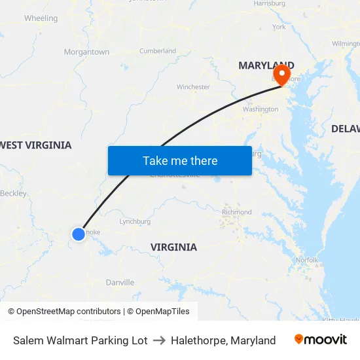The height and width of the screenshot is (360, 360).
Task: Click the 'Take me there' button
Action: [x=180, y=160]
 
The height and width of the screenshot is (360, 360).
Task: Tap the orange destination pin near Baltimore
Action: [x=283, y=74]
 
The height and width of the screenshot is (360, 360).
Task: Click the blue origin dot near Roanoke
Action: [x=79, y=234]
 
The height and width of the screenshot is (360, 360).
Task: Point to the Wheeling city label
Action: [x=41, y=18]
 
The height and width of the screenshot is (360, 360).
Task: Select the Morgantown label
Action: [x=86, y=52]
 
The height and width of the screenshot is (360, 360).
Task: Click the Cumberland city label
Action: [x=158, y=50]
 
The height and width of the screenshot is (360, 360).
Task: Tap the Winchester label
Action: [x=193, y=86]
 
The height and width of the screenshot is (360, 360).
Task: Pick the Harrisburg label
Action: [x=269, y=3]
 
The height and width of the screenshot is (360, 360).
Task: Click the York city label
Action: [x=279, y=27]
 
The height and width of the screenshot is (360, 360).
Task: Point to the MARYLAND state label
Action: [x=266, y=65]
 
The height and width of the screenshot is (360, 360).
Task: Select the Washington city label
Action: [x=261, y=109]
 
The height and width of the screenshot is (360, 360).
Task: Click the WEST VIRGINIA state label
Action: [x=36, y=145]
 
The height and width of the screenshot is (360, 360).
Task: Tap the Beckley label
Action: [x=14, y=193]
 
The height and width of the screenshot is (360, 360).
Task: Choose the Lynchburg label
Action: [x=135, y=221]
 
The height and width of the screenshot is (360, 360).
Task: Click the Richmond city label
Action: [x=237, y=212]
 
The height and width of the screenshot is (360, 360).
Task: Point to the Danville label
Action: [x=120, y=283]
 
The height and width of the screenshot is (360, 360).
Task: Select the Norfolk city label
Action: [x=307, y=260]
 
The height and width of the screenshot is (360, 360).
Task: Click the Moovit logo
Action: [x=321, y=340]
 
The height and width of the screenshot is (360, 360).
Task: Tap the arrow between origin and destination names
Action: [x=159, y=340]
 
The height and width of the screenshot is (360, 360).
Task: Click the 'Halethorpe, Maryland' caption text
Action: [x=223, y=340]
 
